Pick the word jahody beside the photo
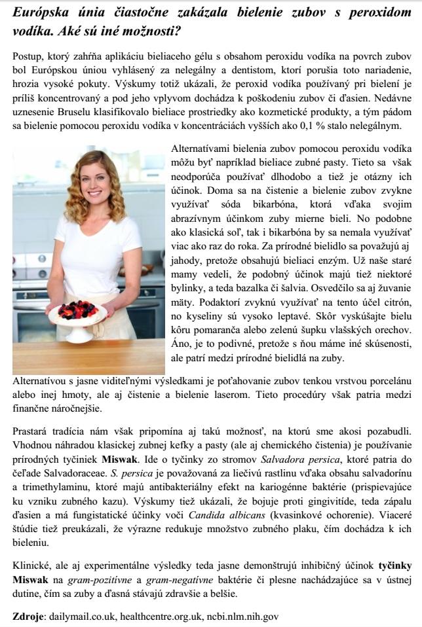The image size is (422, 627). coord(185,262)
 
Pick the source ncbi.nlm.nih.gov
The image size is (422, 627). coord(243,616)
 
